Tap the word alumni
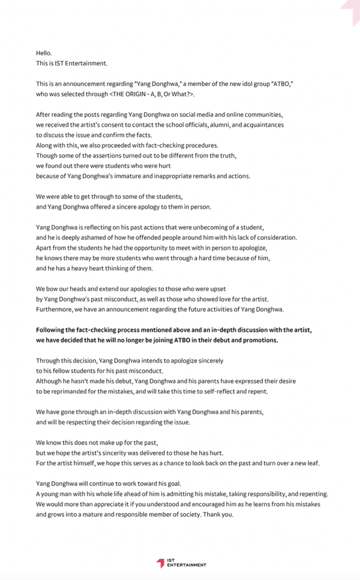(x=211, y=125)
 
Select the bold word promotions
(x=260, y=340)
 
